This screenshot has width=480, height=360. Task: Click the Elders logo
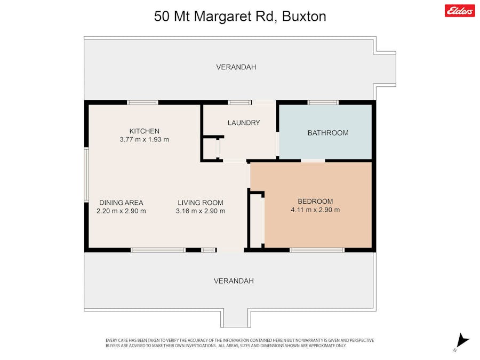pos(459,10)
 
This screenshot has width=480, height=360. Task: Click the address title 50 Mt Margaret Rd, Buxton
pos(240,17)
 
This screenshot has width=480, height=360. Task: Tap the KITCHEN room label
pos(144,131)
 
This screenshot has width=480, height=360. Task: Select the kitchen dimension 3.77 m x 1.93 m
pos(144,140)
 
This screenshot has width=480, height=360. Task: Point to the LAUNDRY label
pos(244,123)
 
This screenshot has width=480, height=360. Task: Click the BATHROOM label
pos(328,133)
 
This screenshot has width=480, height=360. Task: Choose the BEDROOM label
pos(315,201)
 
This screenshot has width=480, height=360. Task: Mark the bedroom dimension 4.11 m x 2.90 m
pos(315,210)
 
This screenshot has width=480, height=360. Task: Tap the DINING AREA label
pos(121,203)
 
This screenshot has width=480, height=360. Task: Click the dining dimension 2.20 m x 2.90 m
pos(121,211)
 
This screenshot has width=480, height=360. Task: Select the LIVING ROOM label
pos(201,203)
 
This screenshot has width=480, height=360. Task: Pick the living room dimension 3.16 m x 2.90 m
pos(201,211)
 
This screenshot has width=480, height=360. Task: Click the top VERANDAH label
pos(236,67)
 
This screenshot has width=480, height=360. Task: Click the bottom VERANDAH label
pos(234,281)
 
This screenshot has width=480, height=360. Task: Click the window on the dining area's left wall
pos(86,175)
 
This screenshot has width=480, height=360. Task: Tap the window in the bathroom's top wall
pos(323,102)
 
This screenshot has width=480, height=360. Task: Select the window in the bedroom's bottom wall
pos(317,250)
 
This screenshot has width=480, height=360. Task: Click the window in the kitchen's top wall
pos(142,102)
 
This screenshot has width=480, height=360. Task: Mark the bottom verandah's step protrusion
pos(235,318)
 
